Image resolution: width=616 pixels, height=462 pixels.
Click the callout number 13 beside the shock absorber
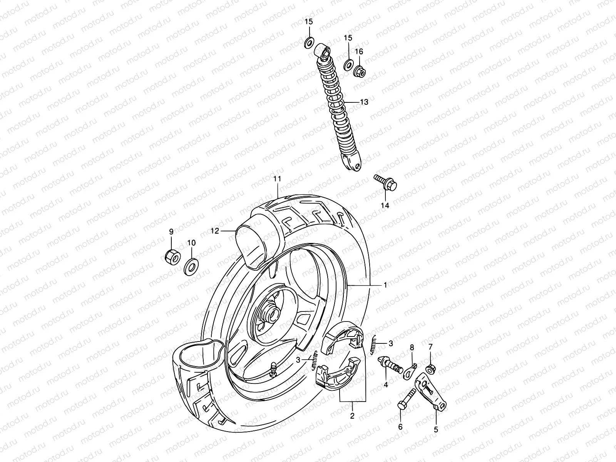(x=364, y=102)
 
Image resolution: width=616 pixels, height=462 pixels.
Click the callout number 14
(x=385, y=206)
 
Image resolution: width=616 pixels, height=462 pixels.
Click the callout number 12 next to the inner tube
(x=214, y=231)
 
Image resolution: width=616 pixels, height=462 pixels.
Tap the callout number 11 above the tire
(x=277, y=179)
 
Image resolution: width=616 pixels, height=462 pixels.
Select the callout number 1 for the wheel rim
(x=385, y=285)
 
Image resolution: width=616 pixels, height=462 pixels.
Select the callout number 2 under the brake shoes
(x=352, y=416)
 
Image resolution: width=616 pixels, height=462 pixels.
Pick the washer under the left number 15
(x=309, y=42)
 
